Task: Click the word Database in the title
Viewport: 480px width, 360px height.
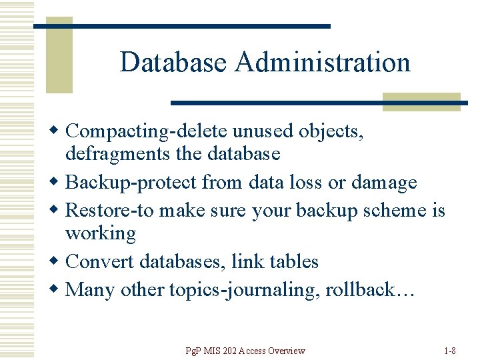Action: [174, 63]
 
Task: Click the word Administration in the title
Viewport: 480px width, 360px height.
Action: [323, 63]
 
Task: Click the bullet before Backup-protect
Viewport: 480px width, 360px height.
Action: [58, 182]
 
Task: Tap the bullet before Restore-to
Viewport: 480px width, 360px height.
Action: [58, 211]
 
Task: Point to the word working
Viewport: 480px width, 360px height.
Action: [101, 234]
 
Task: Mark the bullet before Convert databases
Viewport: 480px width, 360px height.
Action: [58, 261]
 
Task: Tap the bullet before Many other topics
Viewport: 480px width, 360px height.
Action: [58, 290]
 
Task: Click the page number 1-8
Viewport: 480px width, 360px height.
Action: [450, 351]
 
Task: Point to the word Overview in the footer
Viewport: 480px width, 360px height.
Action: [283, 351]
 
